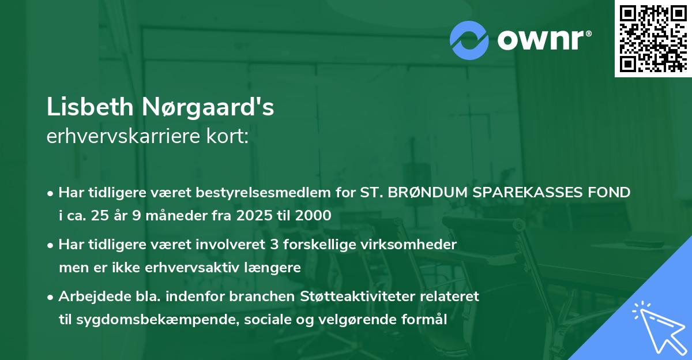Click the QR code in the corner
point(653,38)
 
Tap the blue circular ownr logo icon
point(469,40)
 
